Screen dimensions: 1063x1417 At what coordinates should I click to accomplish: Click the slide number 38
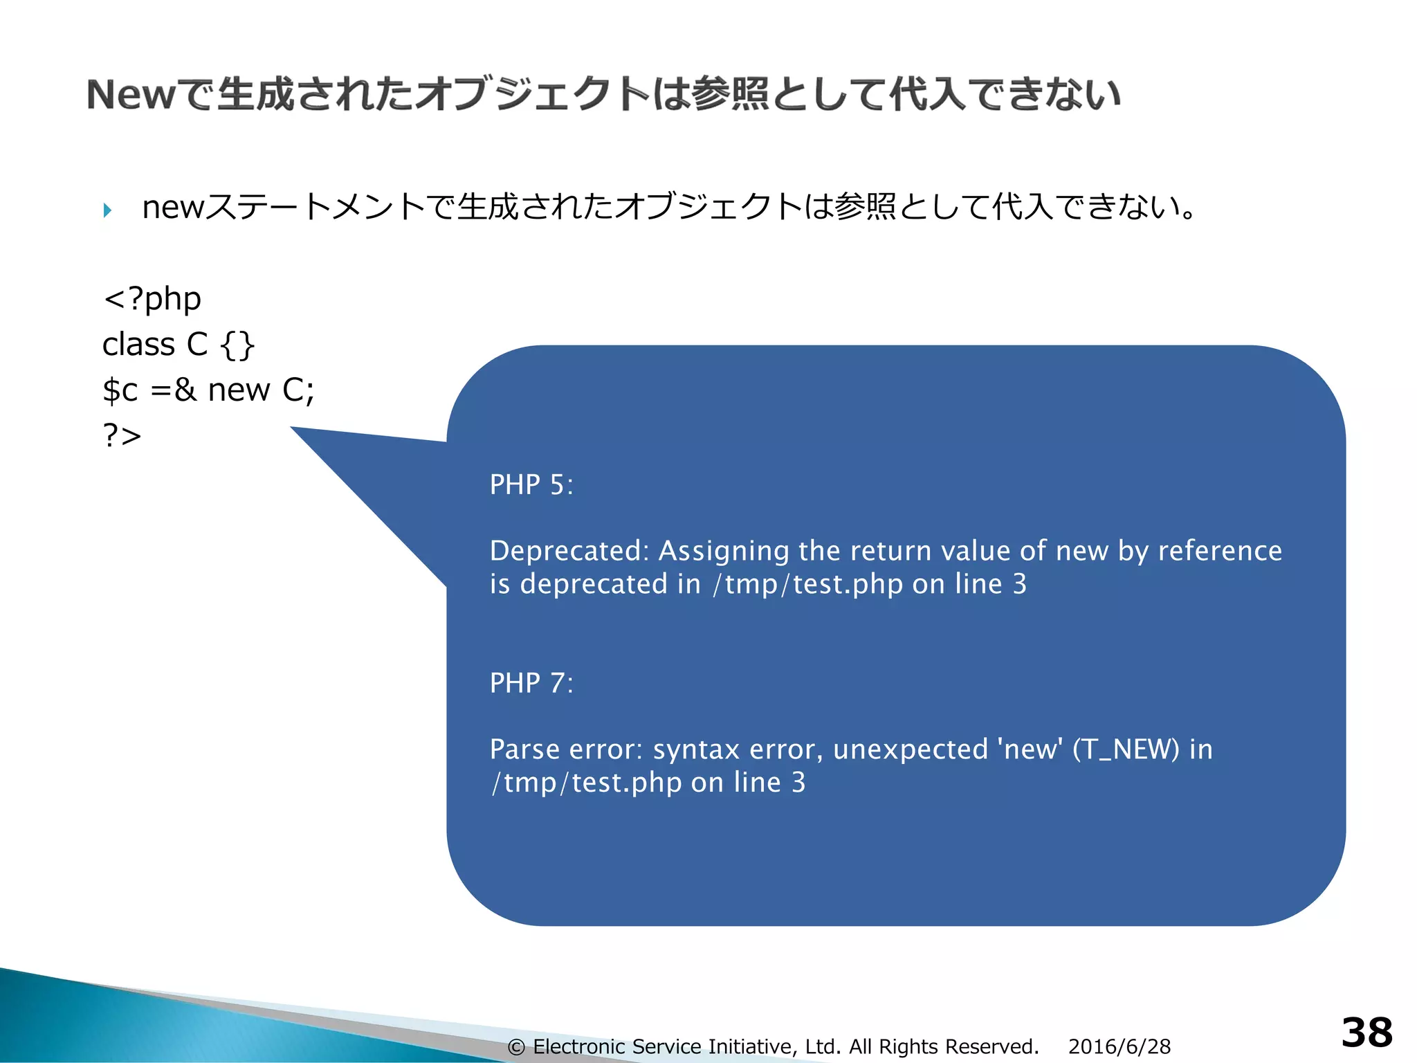[x=1366, y=1033]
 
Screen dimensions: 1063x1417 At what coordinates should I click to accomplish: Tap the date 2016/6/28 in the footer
[x=1119, y=1046]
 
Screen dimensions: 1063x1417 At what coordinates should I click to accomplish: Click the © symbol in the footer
[x=516, y=1047]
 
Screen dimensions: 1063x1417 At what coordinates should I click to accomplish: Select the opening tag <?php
[x=152, y=299]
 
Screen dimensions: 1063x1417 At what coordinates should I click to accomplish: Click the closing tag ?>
[x=122, y=435]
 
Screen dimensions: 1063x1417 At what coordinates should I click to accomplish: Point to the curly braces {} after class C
[x=237, y=345]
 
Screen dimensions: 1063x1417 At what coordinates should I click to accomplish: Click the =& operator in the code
[x=173, y=390]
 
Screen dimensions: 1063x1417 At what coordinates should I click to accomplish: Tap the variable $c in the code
[x=120, y=390]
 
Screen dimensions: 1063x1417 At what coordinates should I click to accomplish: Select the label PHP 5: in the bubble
[x=531, y=484]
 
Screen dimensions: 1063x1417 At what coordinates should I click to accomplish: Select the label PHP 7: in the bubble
[x=531, y=683]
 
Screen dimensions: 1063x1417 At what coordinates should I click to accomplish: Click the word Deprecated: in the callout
[x=569, y=551]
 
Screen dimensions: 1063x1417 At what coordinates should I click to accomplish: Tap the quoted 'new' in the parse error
[x=1030, y=749]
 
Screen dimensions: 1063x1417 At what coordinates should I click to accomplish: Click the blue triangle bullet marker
[x=107, y=210]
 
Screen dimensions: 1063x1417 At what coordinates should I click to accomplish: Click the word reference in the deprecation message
[x=1219, y=551]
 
